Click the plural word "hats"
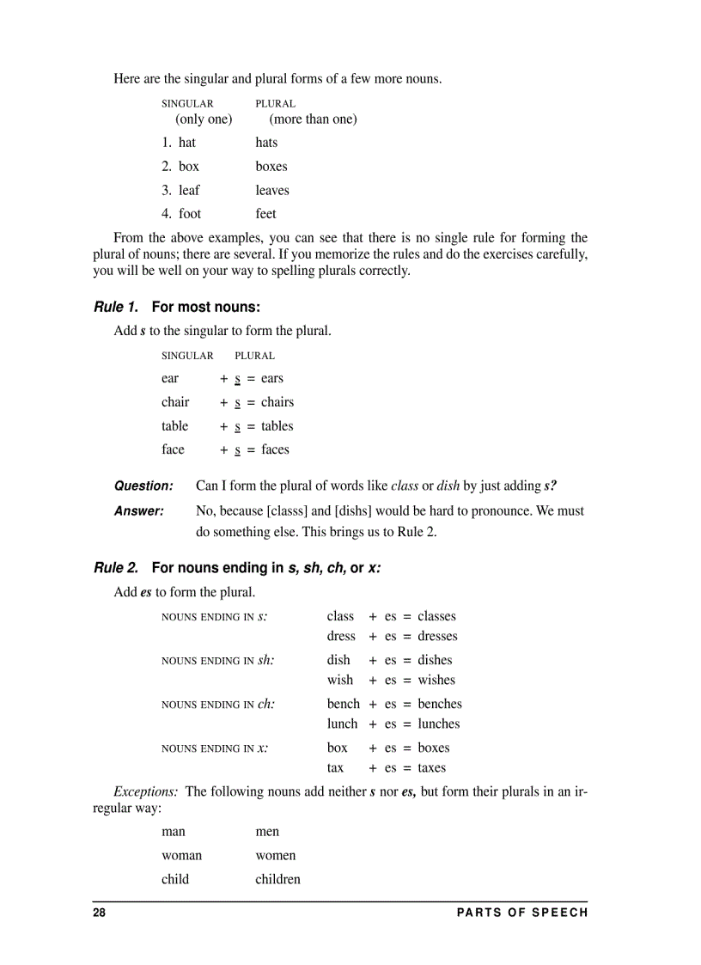tap(266, 143)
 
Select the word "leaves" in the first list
tap(272, 191)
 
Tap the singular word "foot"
tap(190, 214)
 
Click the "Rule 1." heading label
tap(116, 307)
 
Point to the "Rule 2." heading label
tap(116, 567)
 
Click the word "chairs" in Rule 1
tap(277, 402)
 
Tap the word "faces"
tap(275, 449)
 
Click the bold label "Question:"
tap(143, 486)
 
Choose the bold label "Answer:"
tap(139, 511)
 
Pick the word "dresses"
tap(437, 637)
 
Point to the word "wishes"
tap(436, 681)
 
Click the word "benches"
tap(440, 704)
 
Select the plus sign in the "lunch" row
tap(373, 724)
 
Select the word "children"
tap(277, 880)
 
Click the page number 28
tap(100, 913)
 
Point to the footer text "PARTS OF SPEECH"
tap(522, 913)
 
